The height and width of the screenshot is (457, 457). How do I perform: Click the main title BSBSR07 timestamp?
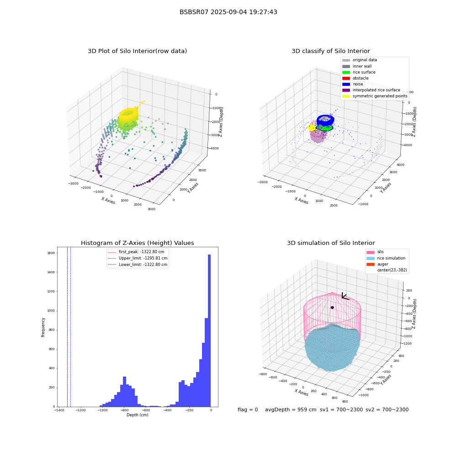(228, 12)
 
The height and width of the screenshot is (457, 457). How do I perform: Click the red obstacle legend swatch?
(346, 78)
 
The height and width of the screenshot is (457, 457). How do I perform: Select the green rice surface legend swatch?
(346, 72)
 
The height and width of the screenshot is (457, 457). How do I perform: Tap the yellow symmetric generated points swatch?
(346, 96)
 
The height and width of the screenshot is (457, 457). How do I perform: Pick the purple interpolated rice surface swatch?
(346, 90)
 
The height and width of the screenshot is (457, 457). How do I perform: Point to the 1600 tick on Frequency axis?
(51, 253)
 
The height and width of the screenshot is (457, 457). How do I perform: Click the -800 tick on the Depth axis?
(124, 410)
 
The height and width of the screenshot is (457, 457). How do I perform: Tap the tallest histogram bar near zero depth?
(209, 330)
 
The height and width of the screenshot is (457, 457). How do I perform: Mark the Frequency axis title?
(43, 327)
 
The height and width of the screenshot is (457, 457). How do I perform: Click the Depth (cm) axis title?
(138, 415)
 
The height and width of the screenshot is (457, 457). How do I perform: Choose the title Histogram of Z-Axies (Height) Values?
(137, 243)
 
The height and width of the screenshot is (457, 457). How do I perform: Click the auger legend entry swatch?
(371, 264)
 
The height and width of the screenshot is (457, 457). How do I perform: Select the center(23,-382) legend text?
(392, 270)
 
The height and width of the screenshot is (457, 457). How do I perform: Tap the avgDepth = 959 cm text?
(291, 409)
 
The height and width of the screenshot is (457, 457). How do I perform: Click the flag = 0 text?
(248, 409)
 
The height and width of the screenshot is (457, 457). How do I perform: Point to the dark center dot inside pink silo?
(332, 308)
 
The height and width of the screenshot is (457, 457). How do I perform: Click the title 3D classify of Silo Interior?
(331, 51)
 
